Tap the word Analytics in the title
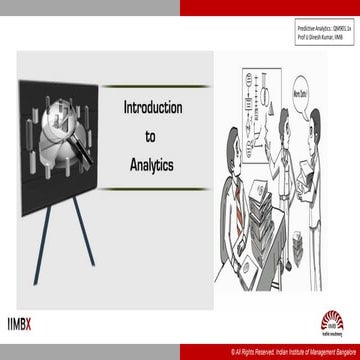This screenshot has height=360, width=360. click(x=150, y=160)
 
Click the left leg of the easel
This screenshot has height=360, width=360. click(x=38, y=241)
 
